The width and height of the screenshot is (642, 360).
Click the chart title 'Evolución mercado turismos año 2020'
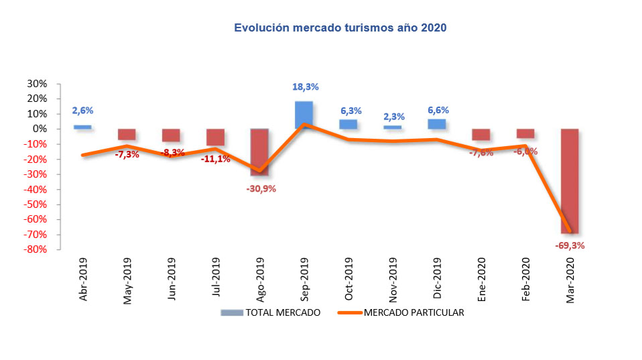(x=340, y=28)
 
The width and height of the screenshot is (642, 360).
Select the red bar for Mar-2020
(x=570, y=181)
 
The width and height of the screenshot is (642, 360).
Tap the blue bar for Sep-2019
(x=304, y=115)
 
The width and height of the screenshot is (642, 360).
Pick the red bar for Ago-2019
(x=259, y=152)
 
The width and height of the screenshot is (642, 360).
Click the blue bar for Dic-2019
(x=437, y=124)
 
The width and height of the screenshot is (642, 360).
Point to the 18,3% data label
(x=305, y=87)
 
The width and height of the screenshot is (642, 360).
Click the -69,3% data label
(x=570, y=245)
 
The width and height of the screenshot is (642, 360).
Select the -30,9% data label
(x=261, y=188)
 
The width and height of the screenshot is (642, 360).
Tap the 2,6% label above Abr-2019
(x=83, y=111)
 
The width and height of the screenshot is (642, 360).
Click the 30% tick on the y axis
(x=38, y=84)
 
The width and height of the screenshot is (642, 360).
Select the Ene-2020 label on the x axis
(x=481, y=279)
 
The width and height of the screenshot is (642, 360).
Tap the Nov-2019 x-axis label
(x=393, y=279)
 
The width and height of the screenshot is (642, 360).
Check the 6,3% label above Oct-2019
(x=349, y=111)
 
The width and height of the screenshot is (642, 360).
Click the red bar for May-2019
(x=127, y=134)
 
